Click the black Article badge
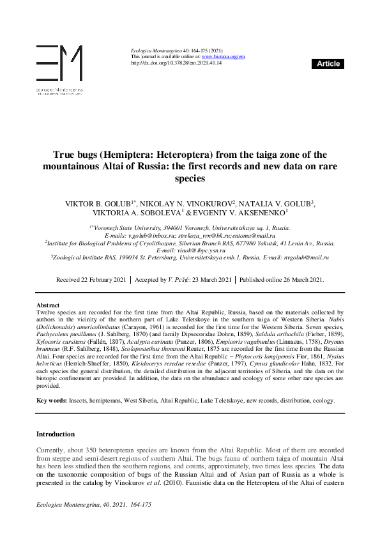pyautogui.click(x=328, y=64)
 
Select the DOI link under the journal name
pyautogui.click(x=176, y=63)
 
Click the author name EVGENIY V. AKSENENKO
pyautogui.click(x=246, y=212)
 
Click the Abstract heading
pyautogui.click(x=49, y=305)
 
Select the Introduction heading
pyautogui.click(x=56, y=434)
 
